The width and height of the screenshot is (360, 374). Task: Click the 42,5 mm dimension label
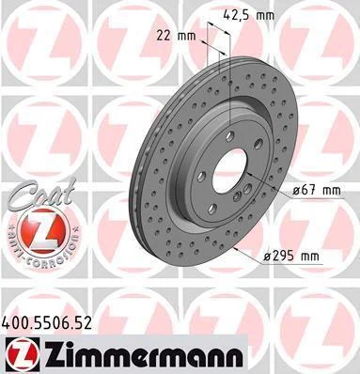(249, 15)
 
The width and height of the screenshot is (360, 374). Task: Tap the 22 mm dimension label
(176, 36)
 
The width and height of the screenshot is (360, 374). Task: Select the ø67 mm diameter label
(316, 191)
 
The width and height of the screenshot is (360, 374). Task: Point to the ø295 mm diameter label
(291, 257)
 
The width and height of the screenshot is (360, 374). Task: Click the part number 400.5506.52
(47, 323)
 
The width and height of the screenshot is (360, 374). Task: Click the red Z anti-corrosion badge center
(43, 231)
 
